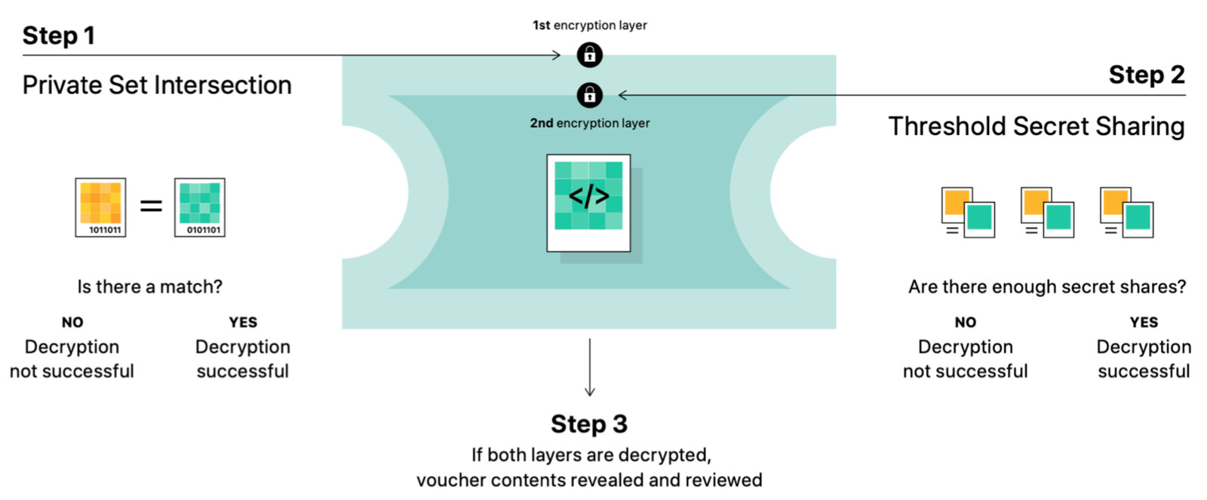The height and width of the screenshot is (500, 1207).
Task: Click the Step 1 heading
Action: click(58, 35)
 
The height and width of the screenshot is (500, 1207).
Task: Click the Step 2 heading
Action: click(1146, 75)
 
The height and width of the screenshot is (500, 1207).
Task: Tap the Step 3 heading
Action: click(588, 424)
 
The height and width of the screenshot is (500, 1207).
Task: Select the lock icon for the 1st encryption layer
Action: click(590, 54)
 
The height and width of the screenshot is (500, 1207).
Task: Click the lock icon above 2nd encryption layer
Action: click(590, 95)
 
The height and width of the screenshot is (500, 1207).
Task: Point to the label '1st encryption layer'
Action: click(589, 25)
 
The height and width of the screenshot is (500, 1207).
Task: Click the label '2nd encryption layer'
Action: click(589, 123)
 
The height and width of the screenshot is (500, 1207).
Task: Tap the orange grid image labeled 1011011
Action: click(100, 207)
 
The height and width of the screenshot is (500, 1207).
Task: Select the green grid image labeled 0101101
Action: click(200, 207)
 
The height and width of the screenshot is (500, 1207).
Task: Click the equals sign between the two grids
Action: click(151, 205)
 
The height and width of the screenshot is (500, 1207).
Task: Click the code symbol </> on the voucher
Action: click(588, 197)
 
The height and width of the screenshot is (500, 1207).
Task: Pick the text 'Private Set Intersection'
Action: click(157, 85)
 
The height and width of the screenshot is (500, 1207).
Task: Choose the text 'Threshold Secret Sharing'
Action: click(1036, 126)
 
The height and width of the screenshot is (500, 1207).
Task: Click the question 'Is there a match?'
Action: click(149, 287)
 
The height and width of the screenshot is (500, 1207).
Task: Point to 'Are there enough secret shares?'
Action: click(1046, 287)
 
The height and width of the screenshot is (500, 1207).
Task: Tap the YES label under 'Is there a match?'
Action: click(243, 322)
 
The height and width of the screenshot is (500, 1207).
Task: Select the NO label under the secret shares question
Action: click(965, 322)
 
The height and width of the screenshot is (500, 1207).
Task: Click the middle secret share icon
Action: click(1047, 213)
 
